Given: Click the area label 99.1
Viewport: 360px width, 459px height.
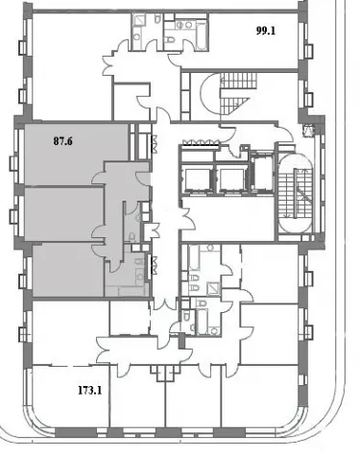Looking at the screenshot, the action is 266,31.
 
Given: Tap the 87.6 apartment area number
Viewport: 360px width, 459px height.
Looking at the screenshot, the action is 63,141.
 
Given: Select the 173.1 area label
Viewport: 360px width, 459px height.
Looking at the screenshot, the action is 90,391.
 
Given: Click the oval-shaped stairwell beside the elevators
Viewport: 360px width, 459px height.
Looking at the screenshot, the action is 296,193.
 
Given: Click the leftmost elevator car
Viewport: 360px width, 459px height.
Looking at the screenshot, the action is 198,181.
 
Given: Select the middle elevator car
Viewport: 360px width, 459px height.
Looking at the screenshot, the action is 231,181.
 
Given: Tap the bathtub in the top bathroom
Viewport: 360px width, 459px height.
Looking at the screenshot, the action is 201,36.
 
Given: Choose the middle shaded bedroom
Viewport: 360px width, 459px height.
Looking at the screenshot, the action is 64,214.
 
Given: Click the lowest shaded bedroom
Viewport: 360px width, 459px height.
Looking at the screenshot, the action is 68,270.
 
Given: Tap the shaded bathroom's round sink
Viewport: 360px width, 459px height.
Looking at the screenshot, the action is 140,274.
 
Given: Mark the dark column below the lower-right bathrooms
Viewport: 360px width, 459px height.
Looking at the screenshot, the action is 181,341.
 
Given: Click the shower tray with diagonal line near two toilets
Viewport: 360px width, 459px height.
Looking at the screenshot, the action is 213,289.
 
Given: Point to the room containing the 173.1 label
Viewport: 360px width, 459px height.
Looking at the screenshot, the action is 71,397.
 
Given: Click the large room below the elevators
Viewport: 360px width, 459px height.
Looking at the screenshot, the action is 228,218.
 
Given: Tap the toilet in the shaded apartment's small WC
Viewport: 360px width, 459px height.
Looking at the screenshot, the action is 132,236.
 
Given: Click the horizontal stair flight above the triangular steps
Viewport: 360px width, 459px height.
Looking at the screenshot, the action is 239,81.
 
